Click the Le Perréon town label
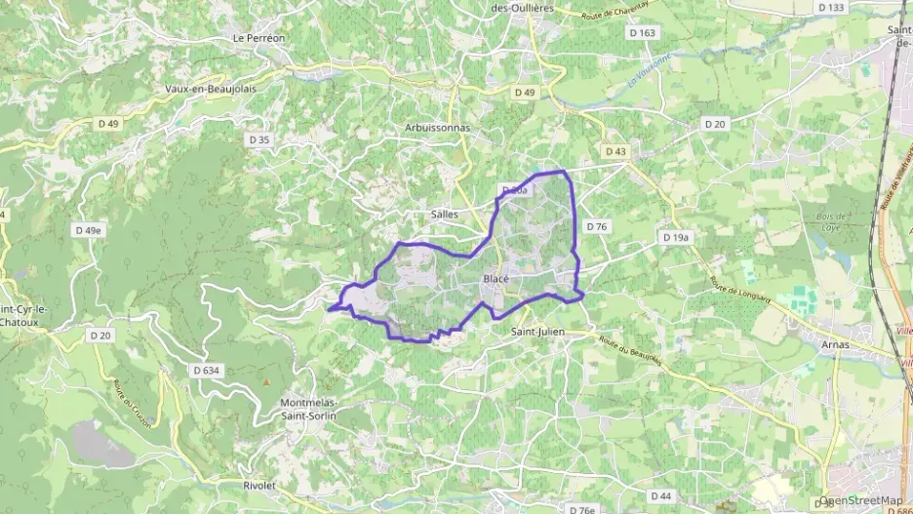point(258,38)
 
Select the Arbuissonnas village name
point(437,128)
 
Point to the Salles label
point(444,214)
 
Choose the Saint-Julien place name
point(538,331)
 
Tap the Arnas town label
point(835,344)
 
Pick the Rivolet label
point(260,484)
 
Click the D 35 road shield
point(258,139)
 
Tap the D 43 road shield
point(615,151)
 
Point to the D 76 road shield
point(597,226)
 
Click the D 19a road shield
point(675,237)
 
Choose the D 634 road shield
point(207,370)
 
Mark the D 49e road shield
point(88,230)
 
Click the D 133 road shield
point(831,7)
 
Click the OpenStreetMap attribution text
point(862,500)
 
